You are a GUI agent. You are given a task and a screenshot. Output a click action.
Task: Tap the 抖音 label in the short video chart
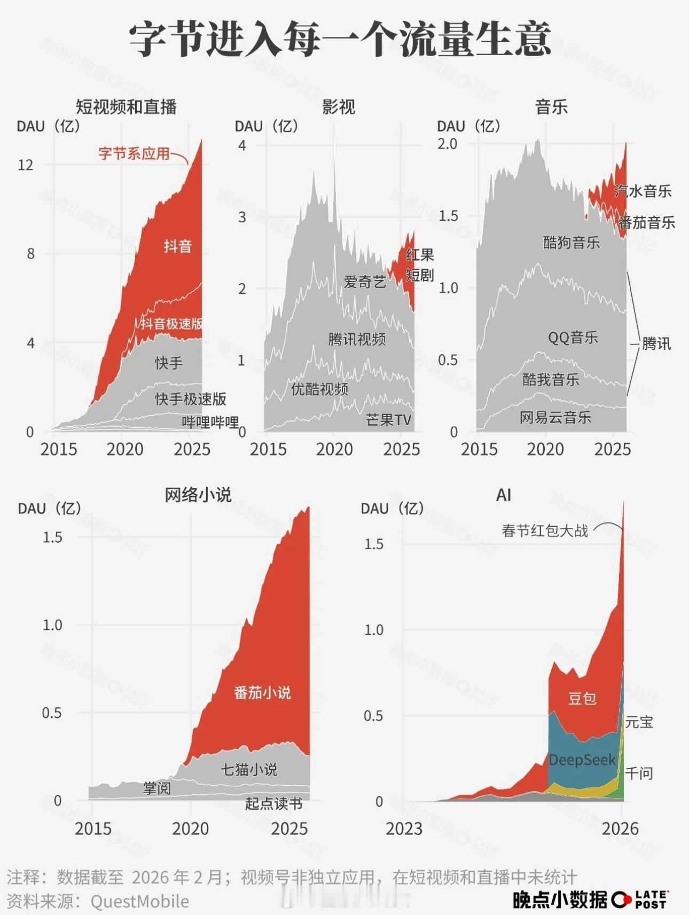(x=178, y=246)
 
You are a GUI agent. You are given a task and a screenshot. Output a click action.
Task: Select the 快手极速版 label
(x=191, y=399)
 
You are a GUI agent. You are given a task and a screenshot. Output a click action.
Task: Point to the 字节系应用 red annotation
(x=134, y=154)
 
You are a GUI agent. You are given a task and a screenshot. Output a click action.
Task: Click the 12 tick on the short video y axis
(x=25, y=165)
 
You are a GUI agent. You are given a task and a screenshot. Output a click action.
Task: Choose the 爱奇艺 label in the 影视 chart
(x=364, y=281)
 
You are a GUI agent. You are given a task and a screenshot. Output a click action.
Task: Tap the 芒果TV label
(x=389, y=420)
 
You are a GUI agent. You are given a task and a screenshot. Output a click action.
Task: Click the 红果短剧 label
(x=419, y=265)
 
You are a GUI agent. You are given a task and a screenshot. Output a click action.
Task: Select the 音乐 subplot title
(x=551, y=107)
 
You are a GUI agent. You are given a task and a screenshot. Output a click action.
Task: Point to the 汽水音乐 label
(x=643, y=191)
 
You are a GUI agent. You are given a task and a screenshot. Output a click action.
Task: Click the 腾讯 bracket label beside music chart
(x=656, y=343)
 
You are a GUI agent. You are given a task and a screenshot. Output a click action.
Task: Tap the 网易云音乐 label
(x=555, y=417)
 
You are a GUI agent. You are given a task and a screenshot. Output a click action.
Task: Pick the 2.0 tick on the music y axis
(x=448, y=144)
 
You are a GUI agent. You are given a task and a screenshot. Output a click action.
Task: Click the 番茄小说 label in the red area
(x=262, y=693)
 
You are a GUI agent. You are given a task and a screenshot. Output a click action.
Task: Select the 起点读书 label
(x=274, y=803)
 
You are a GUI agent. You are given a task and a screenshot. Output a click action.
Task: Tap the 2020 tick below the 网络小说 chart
(x=190, y=828)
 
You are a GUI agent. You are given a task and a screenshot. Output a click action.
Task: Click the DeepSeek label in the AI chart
(x=582, y=760)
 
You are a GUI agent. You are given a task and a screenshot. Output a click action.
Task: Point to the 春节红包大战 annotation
(x=545, y=531)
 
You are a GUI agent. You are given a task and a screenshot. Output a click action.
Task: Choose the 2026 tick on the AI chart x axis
(x=620, y=828)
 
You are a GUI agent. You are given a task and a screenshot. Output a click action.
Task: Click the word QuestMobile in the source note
(x=140, y=901)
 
